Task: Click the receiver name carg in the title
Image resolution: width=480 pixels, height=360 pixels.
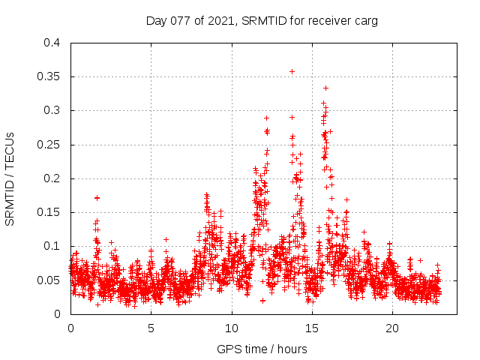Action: [x=367, y=20]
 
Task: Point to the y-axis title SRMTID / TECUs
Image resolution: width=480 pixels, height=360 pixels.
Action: [x=10, y=178]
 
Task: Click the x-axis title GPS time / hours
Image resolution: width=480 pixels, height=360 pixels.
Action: [x=262, y=349]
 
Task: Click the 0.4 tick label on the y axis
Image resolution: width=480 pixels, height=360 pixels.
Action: [x=52, y=43]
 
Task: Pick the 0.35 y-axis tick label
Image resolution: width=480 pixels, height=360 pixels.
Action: [x=49, y=76]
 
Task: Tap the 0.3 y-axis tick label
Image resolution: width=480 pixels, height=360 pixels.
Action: [x=52, y=110]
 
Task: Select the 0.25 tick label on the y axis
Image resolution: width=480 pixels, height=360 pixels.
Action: [x=49, y=145]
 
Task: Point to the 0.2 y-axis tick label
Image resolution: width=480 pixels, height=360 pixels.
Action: [x=52, y=178]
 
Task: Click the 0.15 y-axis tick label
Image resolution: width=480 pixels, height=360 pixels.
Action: [x=49, y=212]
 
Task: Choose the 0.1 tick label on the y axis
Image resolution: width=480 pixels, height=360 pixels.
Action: [x=52, y=246]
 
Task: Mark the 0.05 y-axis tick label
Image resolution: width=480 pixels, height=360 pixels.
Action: [x=49, y=280]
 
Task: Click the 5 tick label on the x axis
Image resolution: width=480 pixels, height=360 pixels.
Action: [x=151, y=328]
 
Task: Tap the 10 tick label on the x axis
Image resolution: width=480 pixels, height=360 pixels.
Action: [x=232, y=328]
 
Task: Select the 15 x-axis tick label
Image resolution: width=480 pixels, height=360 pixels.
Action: [x=312, y=328]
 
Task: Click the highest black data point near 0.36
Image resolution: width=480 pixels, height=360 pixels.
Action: [x=292, y=71]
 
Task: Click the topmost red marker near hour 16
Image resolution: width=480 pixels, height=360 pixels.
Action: [x=325, y=88]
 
